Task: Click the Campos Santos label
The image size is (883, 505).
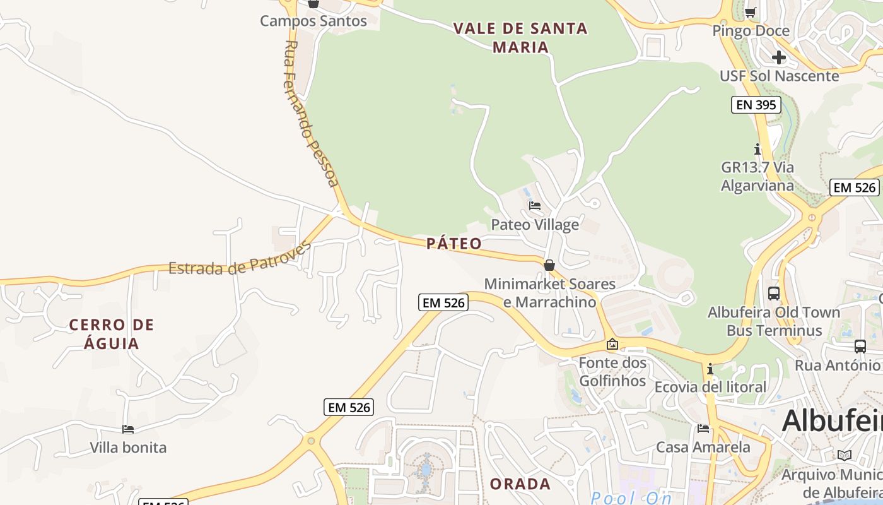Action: click(x=313, y=21)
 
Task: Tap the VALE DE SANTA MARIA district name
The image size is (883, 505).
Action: click(x=520, y=37)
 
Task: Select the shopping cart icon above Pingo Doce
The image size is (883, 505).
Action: click(x=751, y=12)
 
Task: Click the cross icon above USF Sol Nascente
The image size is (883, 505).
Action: click(x=779, y=57)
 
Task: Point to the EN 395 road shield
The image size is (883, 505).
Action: click(x=756, y=105)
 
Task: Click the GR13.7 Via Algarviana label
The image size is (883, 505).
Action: click(x=757, y=176)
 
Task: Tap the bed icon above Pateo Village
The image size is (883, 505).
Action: click(x=535, y=206)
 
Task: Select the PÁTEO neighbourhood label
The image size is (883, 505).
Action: click(x=454, y=244)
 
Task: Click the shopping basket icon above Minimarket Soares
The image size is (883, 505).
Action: click(x=549, y=265)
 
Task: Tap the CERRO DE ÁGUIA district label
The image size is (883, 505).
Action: click(x=112, y=334)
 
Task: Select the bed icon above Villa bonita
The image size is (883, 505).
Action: click(x=128, y=429)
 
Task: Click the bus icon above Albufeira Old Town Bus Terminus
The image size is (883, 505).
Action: click(x=774, y=294)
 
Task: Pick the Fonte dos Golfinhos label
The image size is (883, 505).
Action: click(x=612, y=372)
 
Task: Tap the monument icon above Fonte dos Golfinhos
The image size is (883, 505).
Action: click(x=612, y=345)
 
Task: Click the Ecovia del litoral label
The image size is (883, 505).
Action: click(x=710, y=386)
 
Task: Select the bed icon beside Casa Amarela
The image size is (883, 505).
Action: click(x=703, y=429)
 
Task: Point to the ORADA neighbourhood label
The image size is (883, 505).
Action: click(x=520, y=484)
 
